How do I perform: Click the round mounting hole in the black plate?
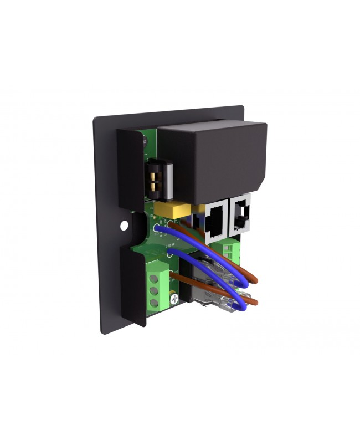[x=124, y=226]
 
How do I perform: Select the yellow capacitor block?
[x=172, y=209]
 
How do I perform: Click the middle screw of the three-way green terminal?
[x=154, y=291]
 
